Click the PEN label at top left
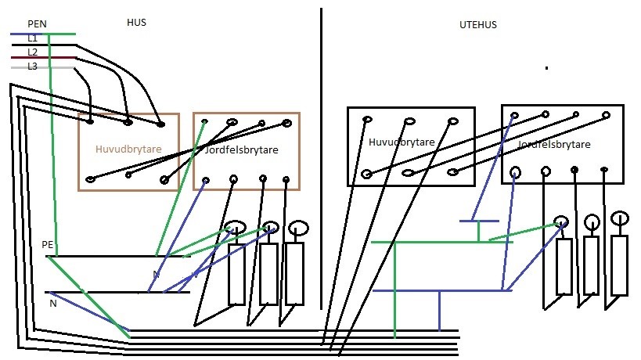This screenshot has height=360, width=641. click(x=37, y=24)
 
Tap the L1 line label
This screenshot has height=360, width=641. click(x=32, y=38)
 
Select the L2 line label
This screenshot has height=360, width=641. click(x=32, y=52)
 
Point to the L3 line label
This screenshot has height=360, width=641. click(x=32, y=67)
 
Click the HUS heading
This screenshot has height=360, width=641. click(x=136, y=23)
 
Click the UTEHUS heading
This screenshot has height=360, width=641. click(x=477, y=25)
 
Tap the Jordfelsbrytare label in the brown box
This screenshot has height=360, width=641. click(x=242, y=149)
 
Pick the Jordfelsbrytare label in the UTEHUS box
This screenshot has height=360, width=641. click(x=554, y=145)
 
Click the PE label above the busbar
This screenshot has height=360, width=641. click(x=48, y=245)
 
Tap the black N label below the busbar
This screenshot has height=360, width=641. click(x=52, y=304)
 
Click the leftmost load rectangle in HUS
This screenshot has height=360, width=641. click(x=236, y=275)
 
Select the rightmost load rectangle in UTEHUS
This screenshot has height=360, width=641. click(x=619, y=265)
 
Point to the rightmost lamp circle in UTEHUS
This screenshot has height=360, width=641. click(x=619, y=217)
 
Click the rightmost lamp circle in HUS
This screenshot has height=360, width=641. click(x=297, y=228)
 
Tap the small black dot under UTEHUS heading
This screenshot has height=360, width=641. click(x=546, y=69)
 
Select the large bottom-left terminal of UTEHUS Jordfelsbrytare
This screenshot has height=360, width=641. click(x=515, y=171)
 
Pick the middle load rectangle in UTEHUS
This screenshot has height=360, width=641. click(x=591, y=265)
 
